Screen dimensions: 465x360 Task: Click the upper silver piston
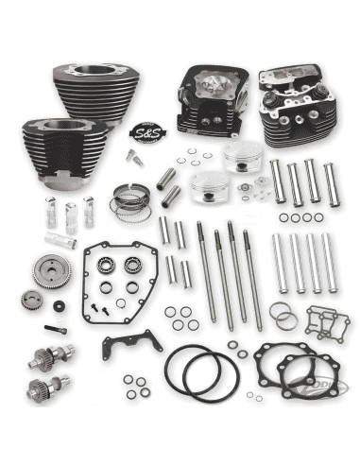point(243,161)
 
